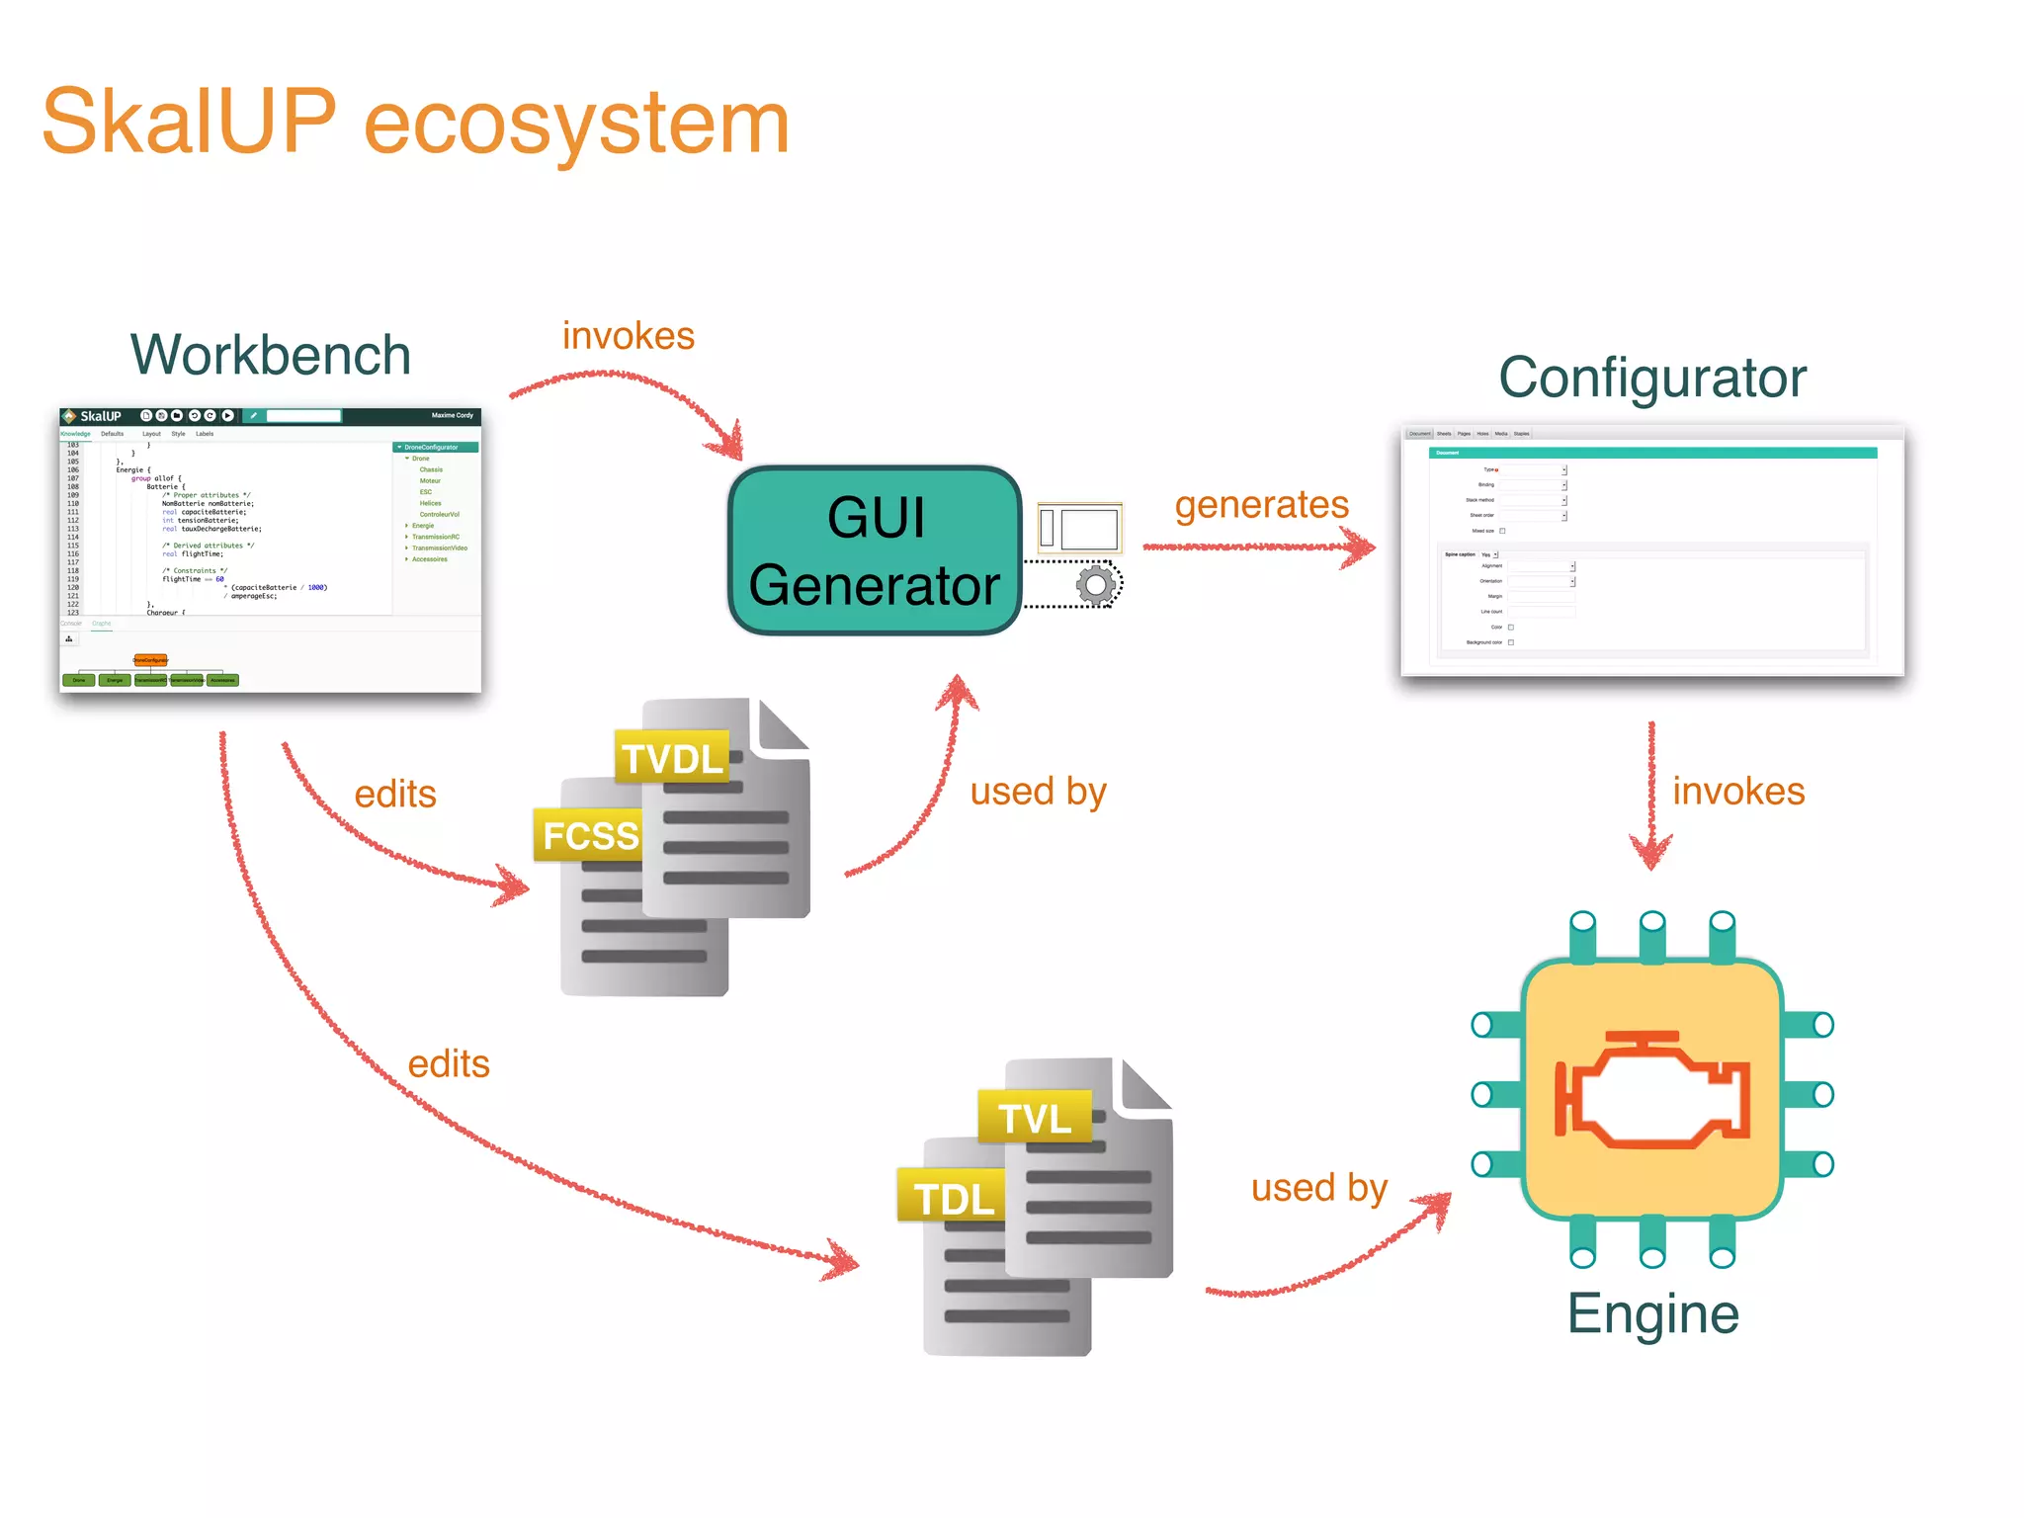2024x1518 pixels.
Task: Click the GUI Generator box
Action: tap(875, 550)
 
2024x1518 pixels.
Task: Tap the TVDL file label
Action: tap(672, 759)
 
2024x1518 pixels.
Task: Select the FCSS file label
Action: tap(590, 836)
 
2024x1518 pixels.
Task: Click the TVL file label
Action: tap(1035, 1119)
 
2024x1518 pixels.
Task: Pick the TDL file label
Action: tap(954, 1199)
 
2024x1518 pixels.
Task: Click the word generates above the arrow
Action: tap(1261, 505)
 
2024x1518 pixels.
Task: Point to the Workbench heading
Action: tap(271, 355)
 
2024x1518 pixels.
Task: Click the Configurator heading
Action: tap(1652, 378)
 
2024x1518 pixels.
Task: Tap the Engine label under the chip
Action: tap(1652, 1313)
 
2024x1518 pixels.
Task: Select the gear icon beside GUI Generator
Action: tap(1095, 586)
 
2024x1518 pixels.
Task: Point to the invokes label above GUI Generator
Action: tap(629, 336)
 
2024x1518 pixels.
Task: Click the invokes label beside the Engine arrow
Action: tap(1738, 792)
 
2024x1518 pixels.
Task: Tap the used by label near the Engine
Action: tap(1319, 1188)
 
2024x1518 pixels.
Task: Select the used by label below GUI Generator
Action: tap(1038, 792)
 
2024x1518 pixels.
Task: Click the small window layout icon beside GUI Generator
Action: tap(1079, 528)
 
